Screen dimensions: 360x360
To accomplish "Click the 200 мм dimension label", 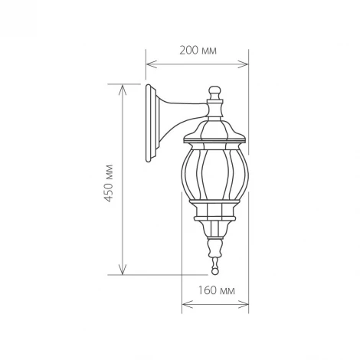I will coord(198,51).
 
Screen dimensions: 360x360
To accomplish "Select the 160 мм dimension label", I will coord(216,293).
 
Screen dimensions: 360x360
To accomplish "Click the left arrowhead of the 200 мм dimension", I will coord(149,64).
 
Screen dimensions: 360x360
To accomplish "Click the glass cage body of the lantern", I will coord(215,172).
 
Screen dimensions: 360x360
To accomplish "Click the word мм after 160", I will coord(227,293).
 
